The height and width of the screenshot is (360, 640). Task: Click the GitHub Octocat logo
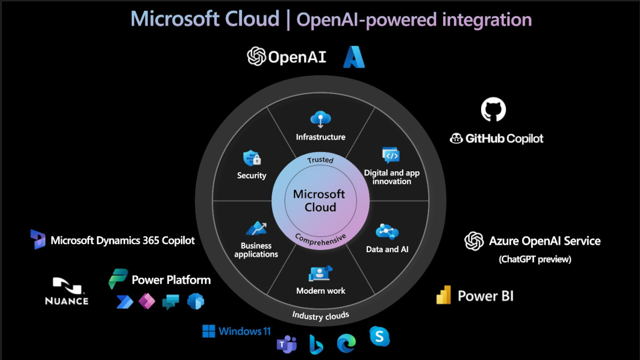click(x=493, y=109)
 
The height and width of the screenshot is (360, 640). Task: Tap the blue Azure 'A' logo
click(x=354, y=57)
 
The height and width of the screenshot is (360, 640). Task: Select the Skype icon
click(x=379, y=337)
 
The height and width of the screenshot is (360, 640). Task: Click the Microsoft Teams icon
click(x=286, y=344)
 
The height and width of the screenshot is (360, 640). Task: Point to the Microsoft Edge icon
click(x=346, y=343)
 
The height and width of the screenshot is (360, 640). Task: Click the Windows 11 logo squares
click(x=209, y=331)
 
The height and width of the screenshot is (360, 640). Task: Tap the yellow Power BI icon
click(x=444, y=295)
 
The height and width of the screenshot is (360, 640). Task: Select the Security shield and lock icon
click(x=252, y=158)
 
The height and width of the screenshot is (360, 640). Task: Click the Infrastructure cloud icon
click(x=321, y=119)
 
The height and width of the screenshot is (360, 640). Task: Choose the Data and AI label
click(x=387, y=249)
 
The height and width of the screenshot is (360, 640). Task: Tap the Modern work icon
click(x=321, y=273)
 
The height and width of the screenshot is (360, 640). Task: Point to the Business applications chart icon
click(x=256, y=228)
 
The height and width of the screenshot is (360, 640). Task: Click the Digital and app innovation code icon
click(x=391, y=155)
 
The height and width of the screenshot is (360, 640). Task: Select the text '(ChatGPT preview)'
click(x=535, y=259)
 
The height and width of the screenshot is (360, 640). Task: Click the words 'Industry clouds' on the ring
click(x=321, y=315)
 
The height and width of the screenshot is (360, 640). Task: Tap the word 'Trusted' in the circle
click(x=321, y=159)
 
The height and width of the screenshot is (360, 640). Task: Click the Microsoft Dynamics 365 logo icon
click(x=38, y=239)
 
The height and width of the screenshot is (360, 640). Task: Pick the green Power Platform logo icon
click(x=118, y=279)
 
